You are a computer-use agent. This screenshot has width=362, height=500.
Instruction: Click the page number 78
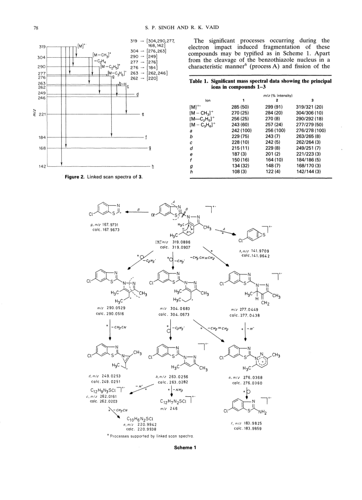pyautogui.click(x=36, y=28)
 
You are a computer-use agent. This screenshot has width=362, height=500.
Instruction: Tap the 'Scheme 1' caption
pyautogui.click(x=185, y=447)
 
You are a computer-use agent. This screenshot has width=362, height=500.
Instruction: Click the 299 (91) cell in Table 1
pyautogui.click(x=274, y=107)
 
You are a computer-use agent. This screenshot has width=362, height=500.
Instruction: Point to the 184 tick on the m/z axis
pyautogui.click(x=43, y=137)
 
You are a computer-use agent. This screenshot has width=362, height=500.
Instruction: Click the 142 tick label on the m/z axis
pyautogui.click(x=43, y=166)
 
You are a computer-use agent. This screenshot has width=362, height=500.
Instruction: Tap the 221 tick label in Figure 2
pyautogui.click(x=43, y=114)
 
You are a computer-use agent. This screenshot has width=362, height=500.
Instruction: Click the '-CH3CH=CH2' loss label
pyautogui.click(x=202, y=258)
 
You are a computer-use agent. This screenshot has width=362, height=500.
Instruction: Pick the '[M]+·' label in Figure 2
pyautogui.click(x=82, y=45)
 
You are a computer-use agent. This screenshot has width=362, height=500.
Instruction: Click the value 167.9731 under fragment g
pyautogui.click(x=110, y=225)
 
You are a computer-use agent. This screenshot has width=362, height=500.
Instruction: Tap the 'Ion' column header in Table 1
pyautogui.click(x=208, y=101)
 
